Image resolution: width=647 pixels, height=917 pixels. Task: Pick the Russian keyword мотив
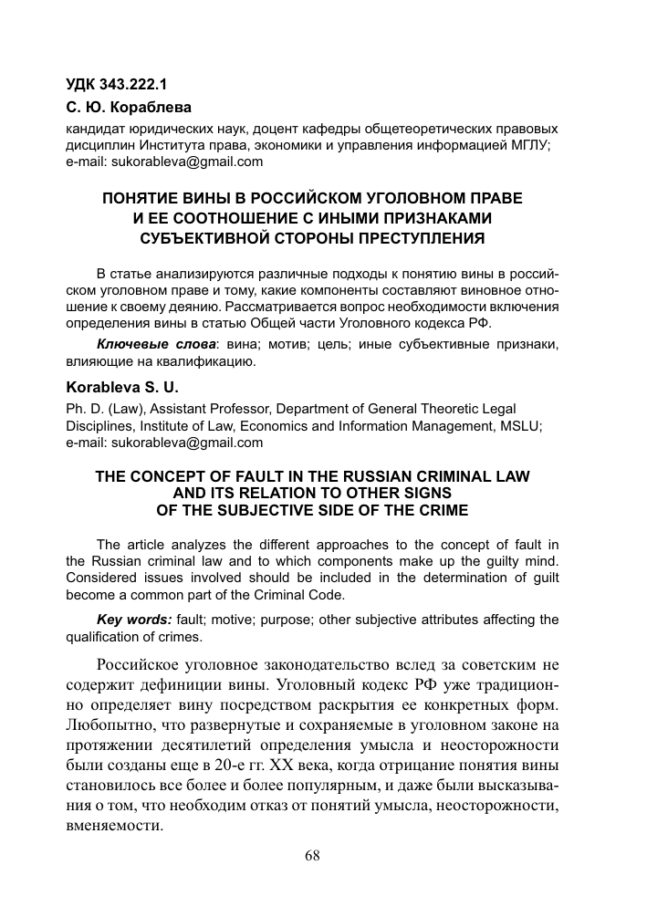[287, 346]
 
